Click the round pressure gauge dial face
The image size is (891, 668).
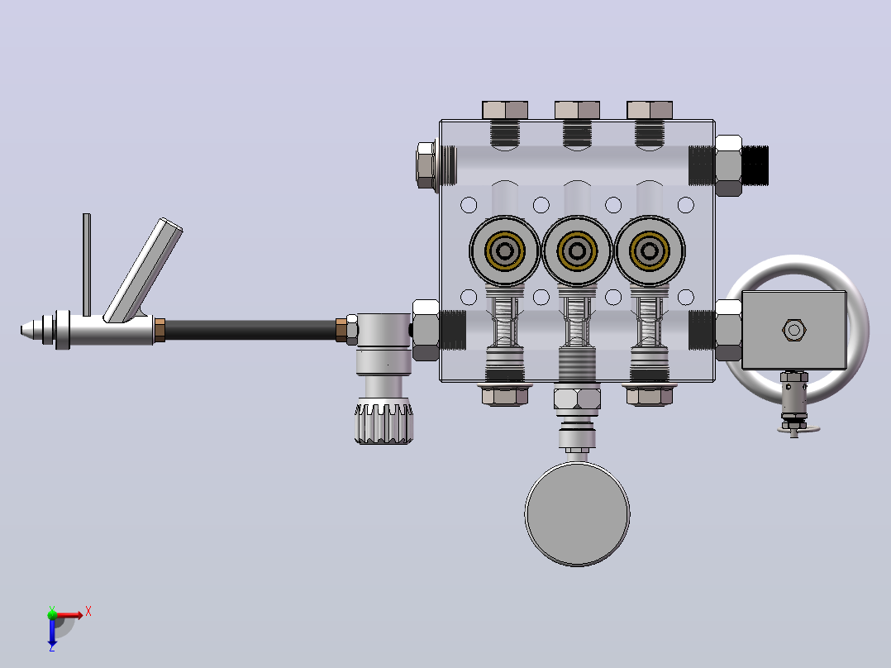click(x=577, y=514)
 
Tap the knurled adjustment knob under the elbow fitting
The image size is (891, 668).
click(x=384, y=423)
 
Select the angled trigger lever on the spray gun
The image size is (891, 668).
click(x=143, y=271)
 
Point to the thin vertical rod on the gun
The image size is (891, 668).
click(x=87, y=265)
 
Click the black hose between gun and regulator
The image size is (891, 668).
click(x=250, y=330)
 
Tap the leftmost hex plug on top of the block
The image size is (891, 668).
click(x=504, y=110)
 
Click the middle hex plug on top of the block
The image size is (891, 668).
click(x=577, y=110)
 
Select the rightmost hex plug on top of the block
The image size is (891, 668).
click(x=650, y=110)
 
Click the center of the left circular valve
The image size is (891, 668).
click(x=504, y=250)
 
